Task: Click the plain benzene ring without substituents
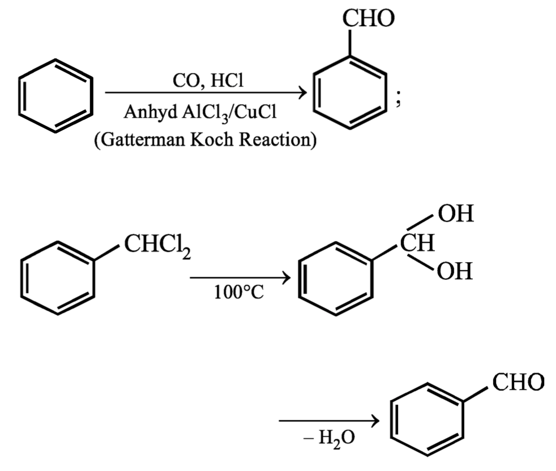point(55,95)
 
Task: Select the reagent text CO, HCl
point(207,82)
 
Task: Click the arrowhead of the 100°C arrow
point(286,278)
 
